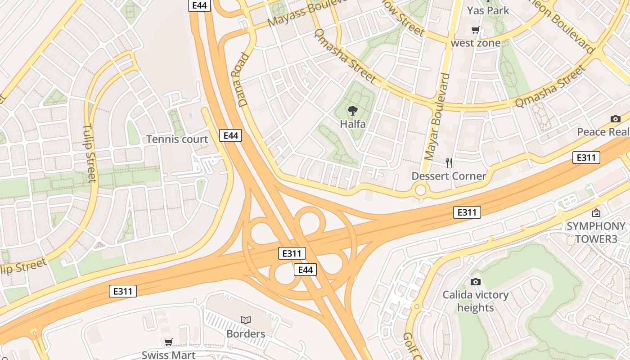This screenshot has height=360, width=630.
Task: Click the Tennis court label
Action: coord(177,139)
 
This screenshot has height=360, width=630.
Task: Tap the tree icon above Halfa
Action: coord(352,110)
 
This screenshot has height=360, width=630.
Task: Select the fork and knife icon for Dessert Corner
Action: coord(449,162)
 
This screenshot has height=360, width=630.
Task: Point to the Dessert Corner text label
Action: coord(449,176)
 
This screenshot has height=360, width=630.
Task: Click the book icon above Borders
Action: coord(245,320)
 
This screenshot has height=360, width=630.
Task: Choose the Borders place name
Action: coord(246,334)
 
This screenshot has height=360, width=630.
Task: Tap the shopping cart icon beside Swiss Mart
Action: coord(168,342)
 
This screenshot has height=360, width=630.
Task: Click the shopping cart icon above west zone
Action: coord(475,30)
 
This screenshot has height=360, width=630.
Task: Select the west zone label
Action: coord(476,43)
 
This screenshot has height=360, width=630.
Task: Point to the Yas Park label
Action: coord(488,10)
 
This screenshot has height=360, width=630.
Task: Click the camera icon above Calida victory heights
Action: coord(475,282)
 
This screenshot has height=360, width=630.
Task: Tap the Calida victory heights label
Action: coord(475,301)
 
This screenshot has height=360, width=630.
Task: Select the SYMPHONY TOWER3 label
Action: coord(596,232)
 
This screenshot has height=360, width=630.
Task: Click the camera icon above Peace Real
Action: coord(615,119)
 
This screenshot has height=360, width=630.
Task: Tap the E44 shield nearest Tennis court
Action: coord(230,135)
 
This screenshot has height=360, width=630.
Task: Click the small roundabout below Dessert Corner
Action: coord(420,190)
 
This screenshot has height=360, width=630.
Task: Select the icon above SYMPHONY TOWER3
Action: coord(596,213)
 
